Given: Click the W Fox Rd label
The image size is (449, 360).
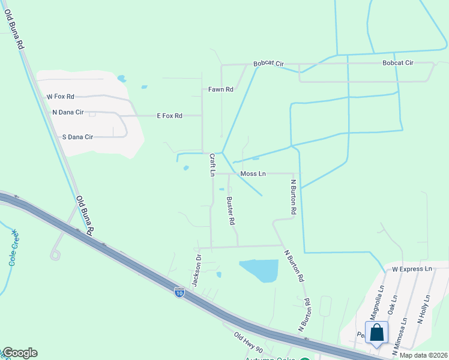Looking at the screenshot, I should pyautogui.click(x=60, y=96).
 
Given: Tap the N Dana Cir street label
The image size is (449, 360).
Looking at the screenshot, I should pyautogui.click(x=67, y=112).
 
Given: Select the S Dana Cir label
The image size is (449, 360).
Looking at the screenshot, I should pyautogui.click(x=78, y=137).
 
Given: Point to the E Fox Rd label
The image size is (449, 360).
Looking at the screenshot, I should pyautogui.click(x=169, y=116).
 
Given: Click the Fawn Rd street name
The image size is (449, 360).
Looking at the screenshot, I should pyautogui.click(x=220, y=89).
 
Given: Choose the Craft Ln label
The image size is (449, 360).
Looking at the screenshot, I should pyautogui.click(x=212, y=164).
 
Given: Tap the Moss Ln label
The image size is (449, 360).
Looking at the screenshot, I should pyautogui.click(x=253, y=174).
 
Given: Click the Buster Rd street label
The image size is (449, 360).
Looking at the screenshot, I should pyautogui.click(x=231, y=211).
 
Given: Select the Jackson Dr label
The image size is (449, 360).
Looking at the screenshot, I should pyautogui.click(x=196, y=269).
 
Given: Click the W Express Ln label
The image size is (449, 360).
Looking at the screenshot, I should pyautogui.click(x=412, y=269).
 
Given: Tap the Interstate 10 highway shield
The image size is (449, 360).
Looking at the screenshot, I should pyautogui.click(x=179, y=292).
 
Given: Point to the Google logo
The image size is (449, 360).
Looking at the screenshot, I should pyautogui.click(x=19, y=353).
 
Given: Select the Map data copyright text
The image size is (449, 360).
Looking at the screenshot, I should pyautogui.click(x=423, y=355).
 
